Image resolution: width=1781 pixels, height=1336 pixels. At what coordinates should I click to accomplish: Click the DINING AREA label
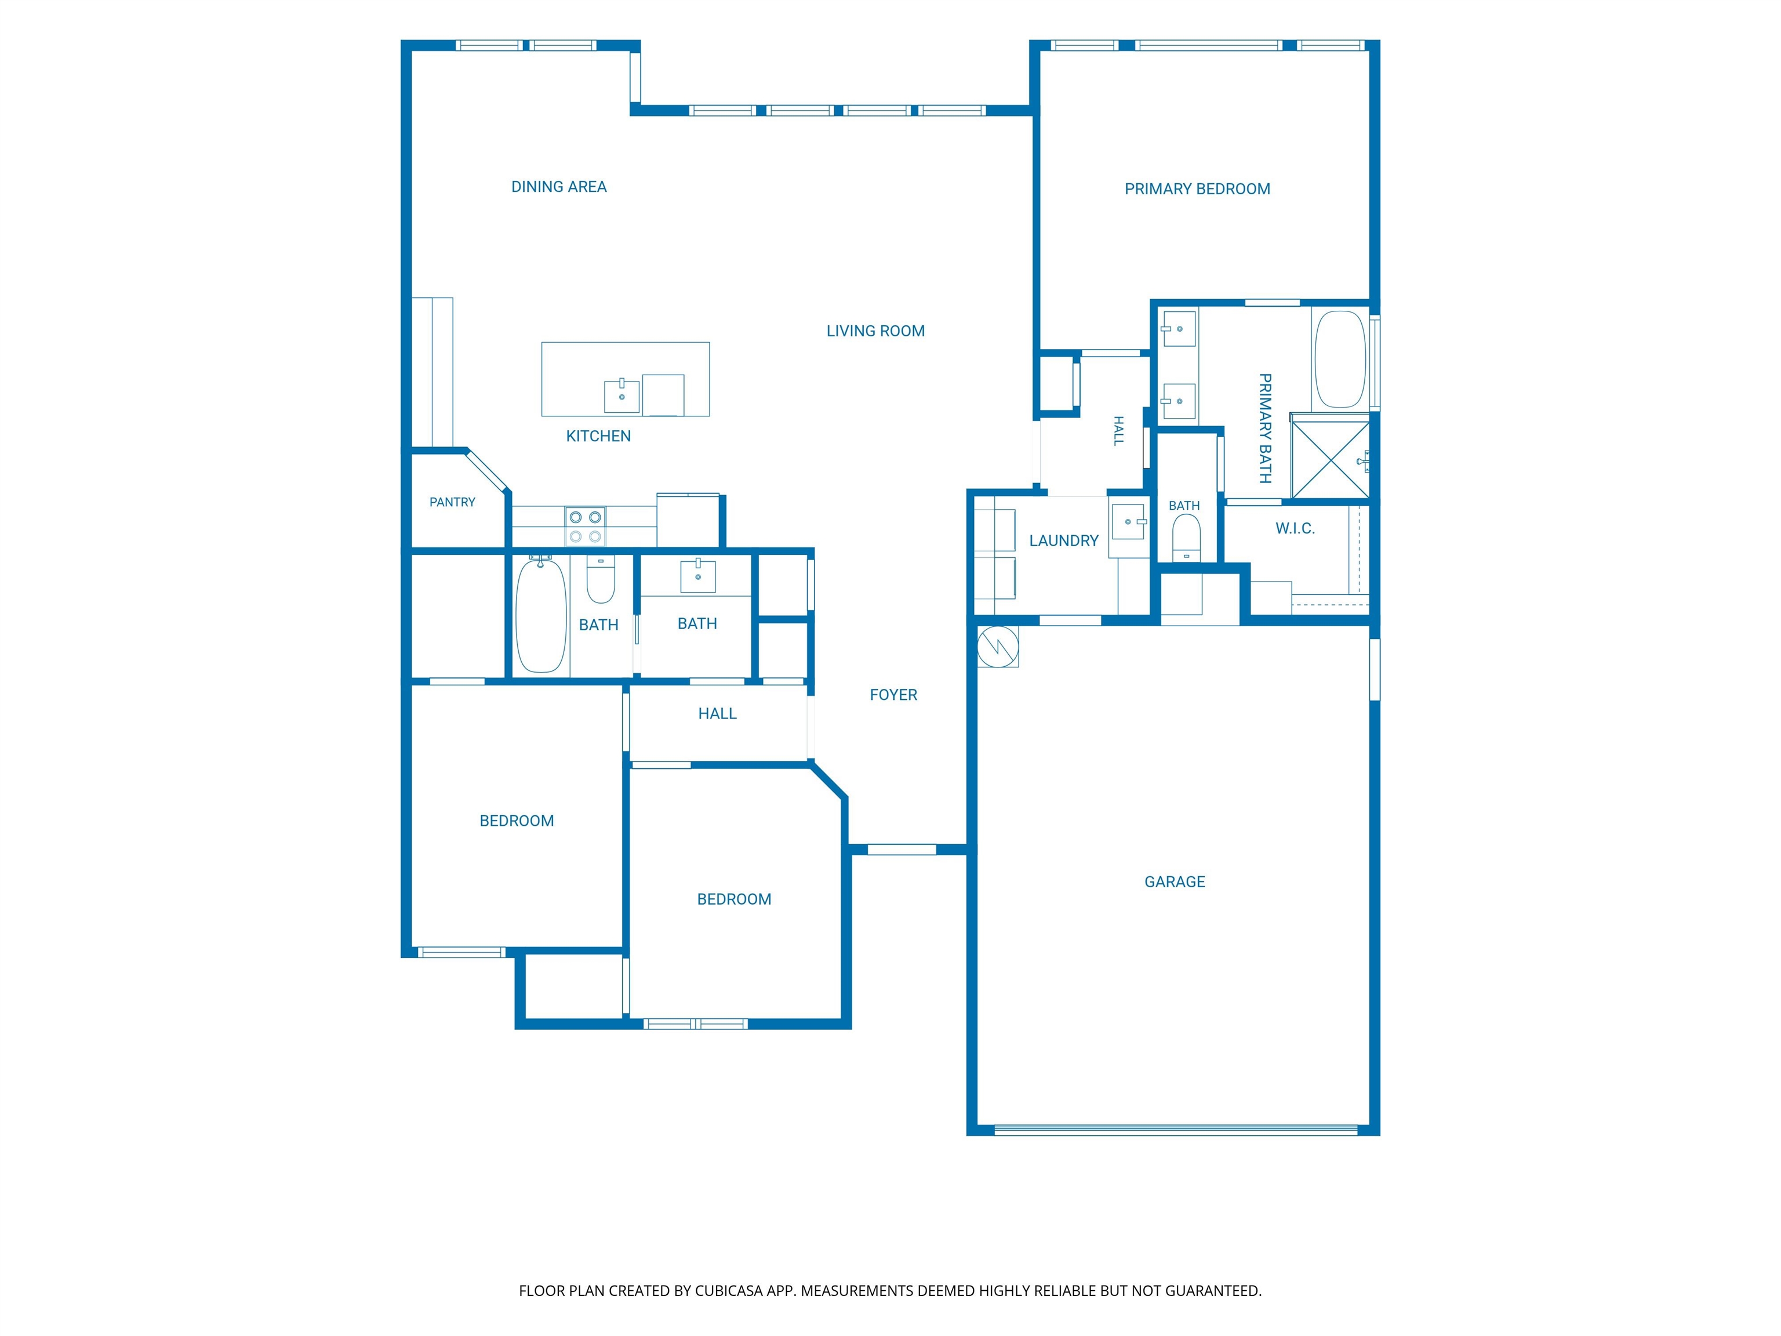pyautogui.click(x=559, y=187)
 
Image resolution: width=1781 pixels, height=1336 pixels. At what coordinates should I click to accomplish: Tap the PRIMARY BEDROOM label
pyautogui.click(x=1197, y=189)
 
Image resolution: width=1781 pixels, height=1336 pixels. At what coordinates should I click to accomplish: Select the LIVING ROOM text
pyautogui.click(x=875, y=331)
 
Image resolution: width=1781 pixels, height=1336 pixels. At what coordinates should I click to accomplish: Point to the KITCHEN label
pyautogui.click(x=598, y=437)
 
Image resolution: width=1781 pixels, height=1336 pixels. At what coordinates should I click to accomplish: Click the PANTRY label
pyautogui.click(x=452, y=503)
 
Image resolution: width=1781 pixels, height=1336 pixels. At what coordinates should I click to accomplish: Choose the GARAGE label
pyautogui.click(x=1175, y=882)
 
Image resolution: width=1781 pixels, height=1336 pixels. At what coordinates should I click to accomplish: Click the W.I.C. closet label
pyautogui.click(x=1295, y=529)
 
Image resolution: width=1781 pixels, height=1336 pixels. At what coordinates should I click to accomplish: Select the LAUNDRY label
pyautogui.click(x=1064, y=541)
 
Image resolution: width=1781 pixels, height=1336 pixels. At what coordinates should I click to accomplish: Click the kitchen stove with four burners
pyautogui.click(x=586, y=527)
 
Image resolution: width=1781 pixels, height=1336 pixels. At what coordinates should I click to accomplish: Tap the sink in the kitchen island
pyautogui.click(x=621, y=395)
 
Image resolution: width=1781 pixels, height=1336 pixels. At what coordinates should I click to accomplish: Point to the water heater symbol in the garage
pyautogui.click(x=998, y=646)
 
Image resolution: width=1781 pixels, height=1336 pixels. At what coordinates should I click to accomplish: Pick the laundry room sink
pyautogui.click(x=1129, y=522)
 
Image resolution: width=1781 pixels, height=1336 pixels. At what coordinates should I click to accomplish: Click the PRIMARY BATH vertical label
pyautogui.click(x=1265, y=429)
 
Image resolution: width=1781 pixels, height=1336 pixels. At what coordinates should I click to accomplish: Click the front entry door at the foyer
pyautogui.click(x=902, y=849)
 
